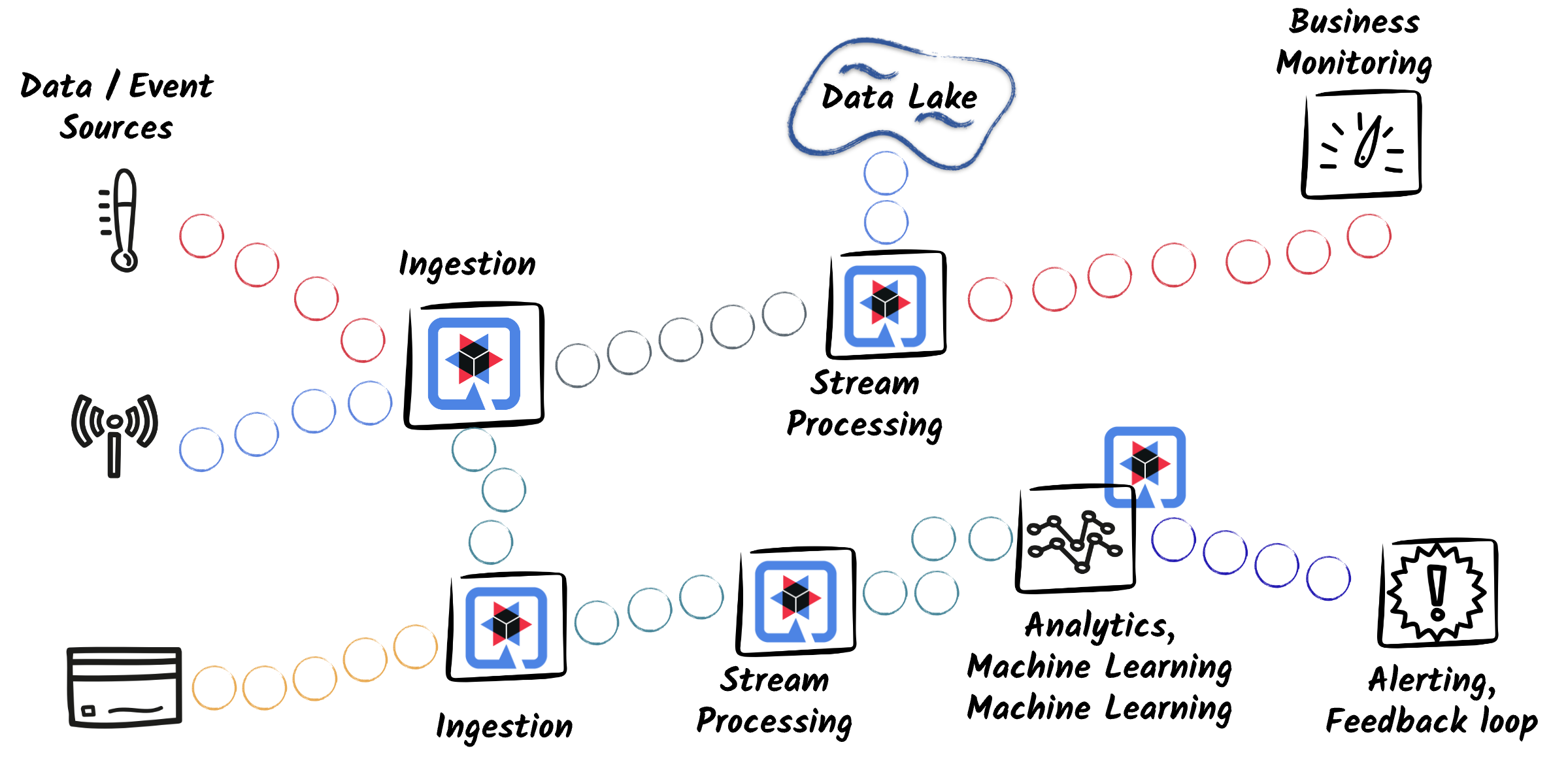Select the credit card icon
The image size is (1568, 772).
tap(124, 686)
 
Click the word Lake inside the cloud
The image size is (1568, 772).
tap(942, 98)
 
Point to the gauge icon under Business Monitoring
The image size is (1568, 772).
tap(1362, 144)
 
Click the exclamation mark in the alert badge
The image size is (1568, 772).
tap(1437, 592)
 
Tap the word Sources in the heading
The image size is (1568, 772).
tap(116, 127)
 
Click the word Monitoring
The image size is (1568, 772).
tap(1354, 63)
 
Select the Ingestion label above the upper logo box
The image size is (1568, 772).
tap(467, 265)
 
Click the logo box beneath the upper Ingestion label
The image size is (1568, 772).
tap(475, 365)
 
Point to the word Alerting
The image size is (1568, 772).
tap(1431, 680)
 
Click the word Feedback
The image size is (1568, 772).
tap(1396, 722)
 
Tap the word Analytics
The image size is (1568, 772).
tap(1099, 626)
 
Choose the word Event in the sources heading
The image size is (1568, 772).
tap(171, 86)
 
